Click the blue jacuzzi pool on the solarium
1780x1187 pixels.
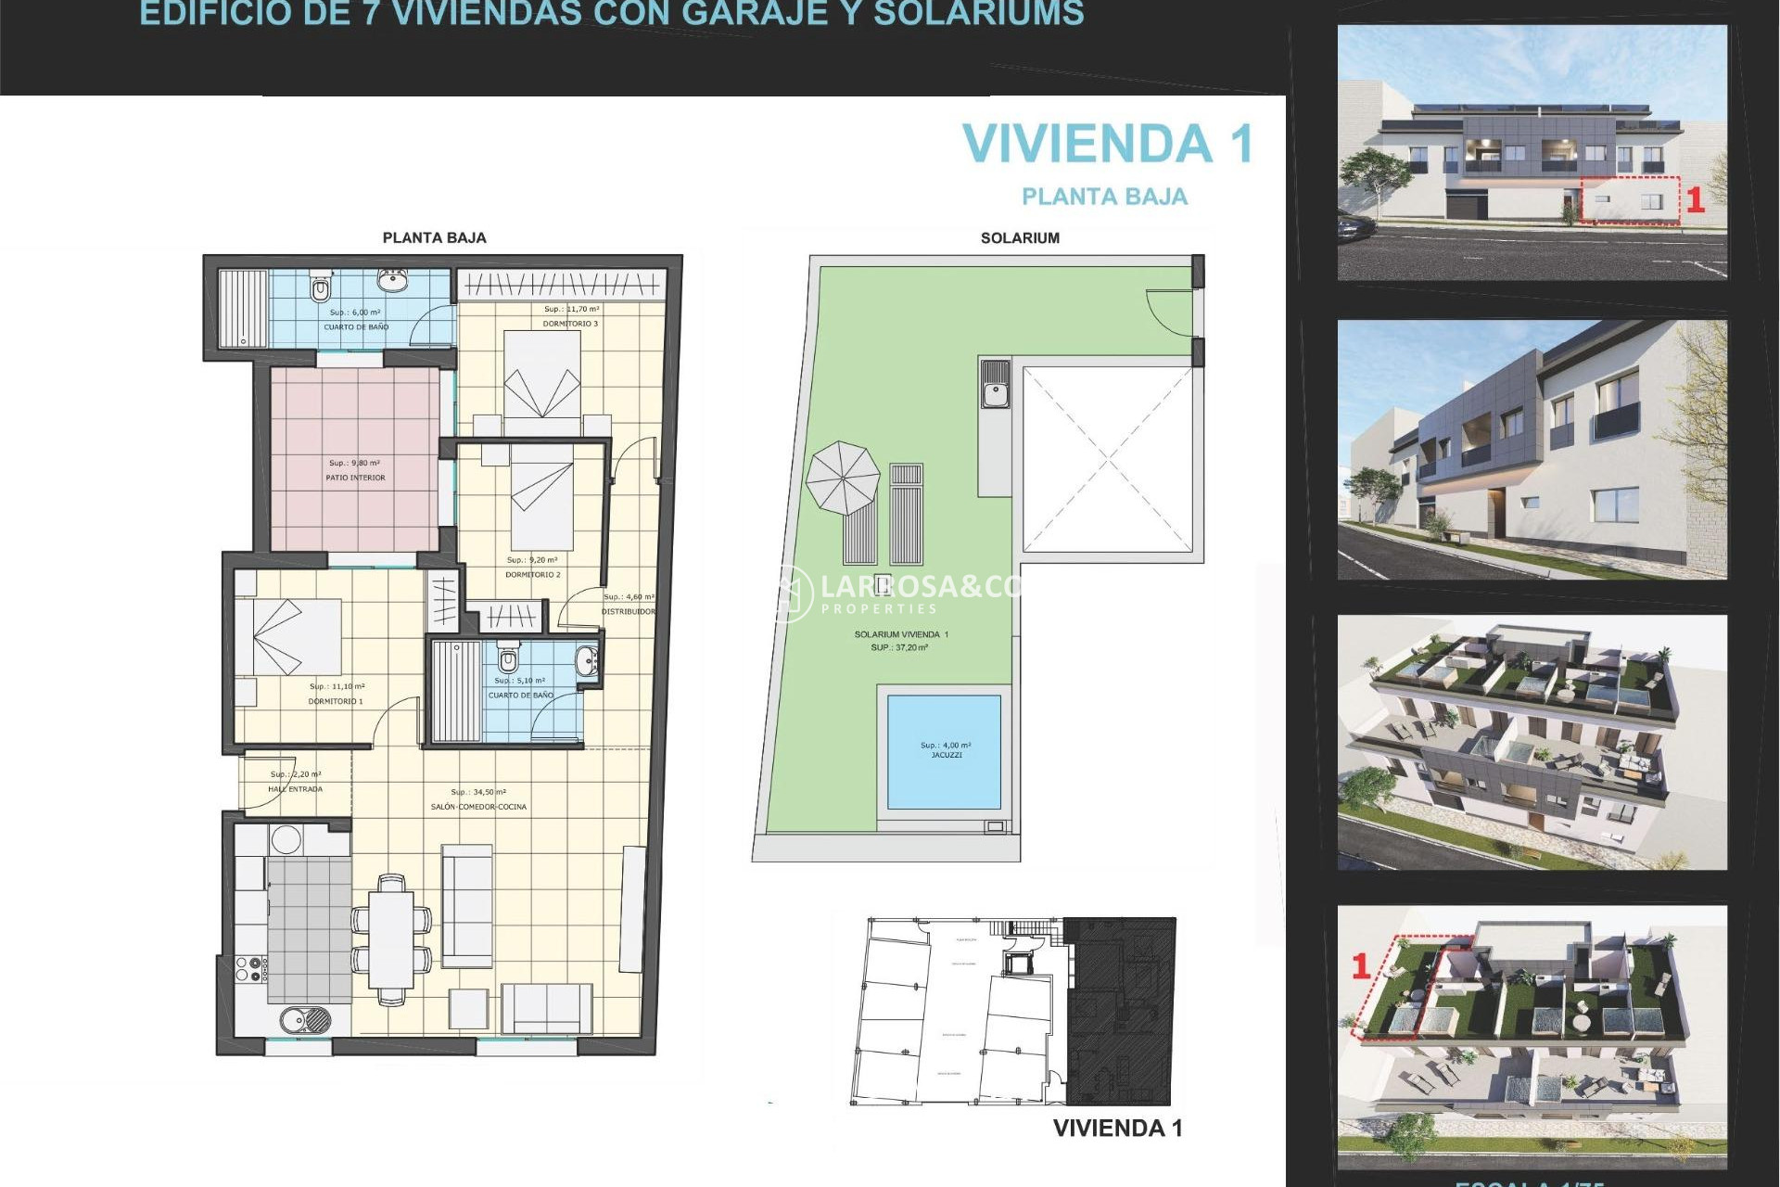(x=944, y=751)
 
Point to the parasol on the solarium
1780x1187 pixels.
(x=842, y=478)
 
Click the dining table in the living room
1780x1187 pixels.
(x=391, y=938)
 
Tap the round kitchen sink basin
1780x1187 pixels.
(x=305, y=1020)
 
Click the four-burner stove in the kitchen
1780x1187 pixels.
(x=250, y=970)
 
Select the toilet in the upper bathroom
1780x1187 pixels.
(x=320, y=288)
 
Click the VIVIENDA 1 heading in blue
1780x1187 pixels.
(x=1107, y=145)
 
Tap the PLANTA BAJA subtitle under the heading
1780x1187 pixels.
(x=1103, y=197)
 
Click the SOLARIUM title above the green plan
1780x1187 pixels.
(x=1020, y=238)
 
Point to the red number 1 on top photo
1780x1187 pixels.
(x=1695, y=200)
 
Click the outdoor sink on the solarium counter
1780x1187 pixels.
(x=996, y=384)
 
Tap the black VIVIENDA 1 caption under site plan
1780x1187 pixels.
(x=1117, y=1129)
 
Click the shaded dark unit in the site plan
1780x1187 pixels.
(x=1120, y=1011)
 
